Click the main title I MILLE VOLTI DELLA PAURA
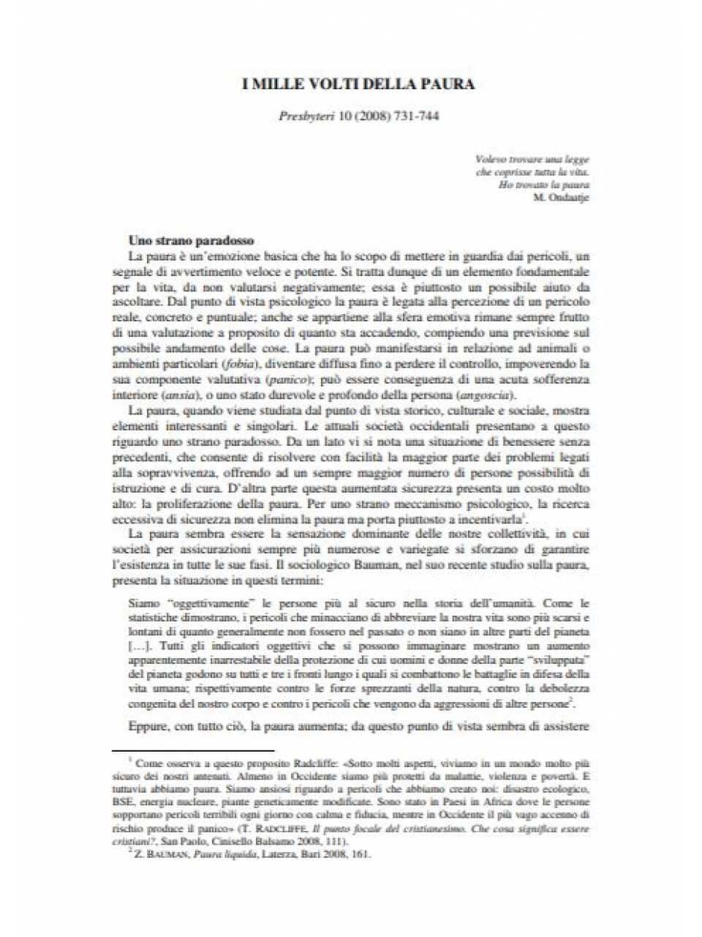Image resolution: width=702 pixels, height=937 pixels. pos(358,84)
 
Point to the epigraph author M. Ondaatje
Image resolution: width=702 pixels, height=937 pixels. pos(562,197)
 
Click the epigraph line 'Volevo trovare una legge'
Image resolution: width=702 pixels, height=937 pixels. pos(532,159)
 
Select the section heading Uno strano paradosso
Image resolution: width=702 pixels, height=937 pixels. pos(191,240)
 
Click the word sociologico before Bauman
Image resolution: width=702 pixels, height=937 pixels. pos(325,565)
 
